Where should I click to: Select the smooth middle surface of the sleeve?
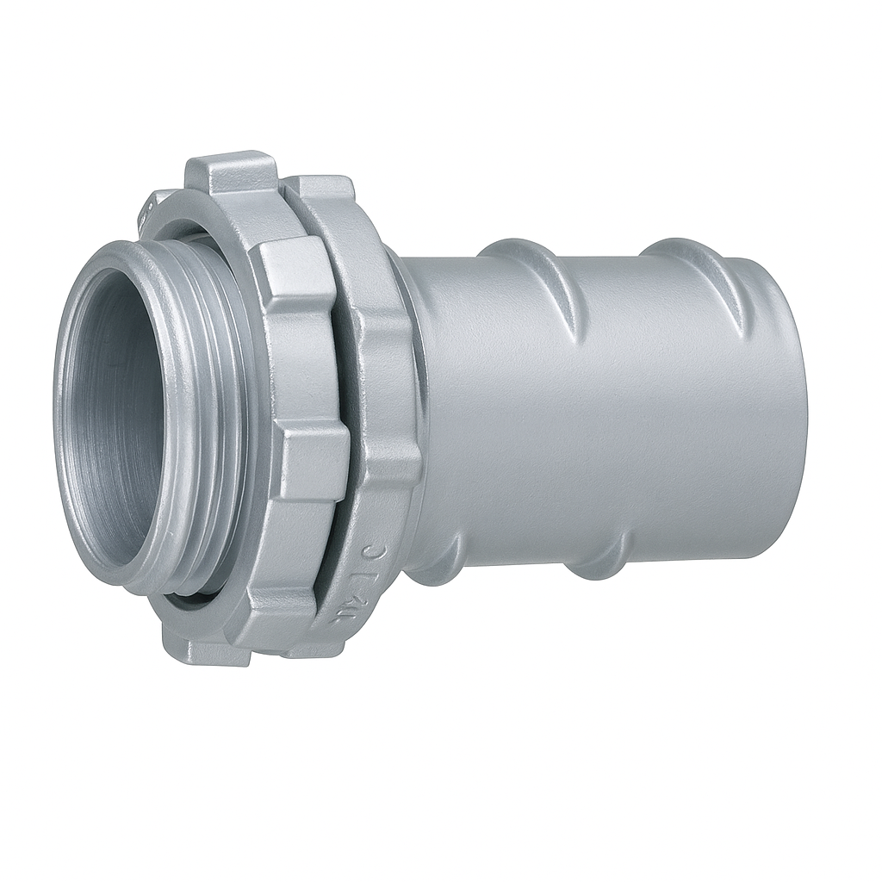603,413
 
